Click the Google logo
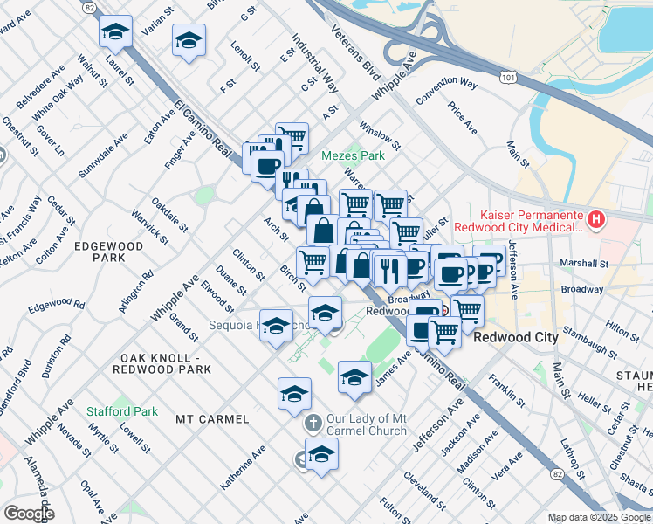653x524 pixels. pyautogui.click(x=29, y=514)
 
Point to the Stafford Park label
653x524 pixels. pyautogui.click(x=122, y=410)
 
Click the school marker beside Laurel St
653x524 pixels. pyautogui.click(x=115, y=34)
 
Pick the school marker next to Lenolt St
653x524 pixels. pyautogui.click(x=188, y=40)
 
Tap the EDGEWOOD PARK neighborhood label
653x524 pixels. pyautogui.click(x=108, y=252)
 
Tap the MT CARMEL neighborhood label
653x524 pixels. pyautogui.click(x=212, y=419)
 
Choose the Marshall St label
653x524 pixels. pyautogui.click(x=584, y=263)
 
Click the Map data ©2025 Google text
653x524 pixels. pyautogui.click(x=599, y=517)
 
